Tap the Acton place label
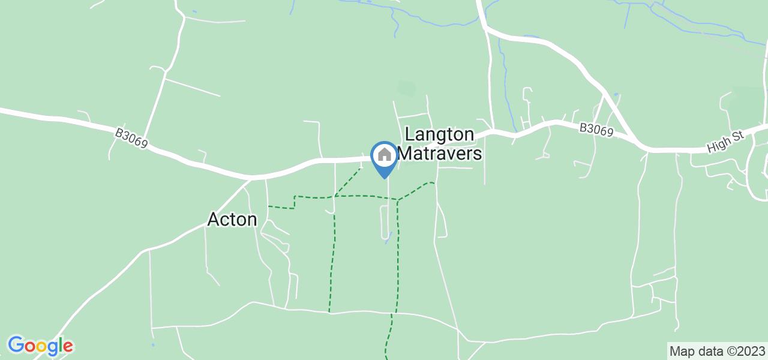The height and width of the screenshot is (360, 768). pyautogui.click(x=232, y=220)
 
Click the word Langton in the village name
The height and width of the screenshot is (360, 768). pyautogui.click(x=440, y=134)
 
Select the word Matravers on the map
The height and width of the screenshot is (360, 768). pyautogui.click(x=440, y=154)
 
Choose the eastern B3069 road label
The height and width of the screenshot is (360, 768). pyautogui.click(x=596, y=130)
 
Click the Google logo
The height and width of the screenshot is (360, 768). pyautogui.click(x=40, y=346)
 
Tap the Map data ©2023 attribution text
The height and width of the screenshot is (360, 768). pyautogui.click(x=717, y=351)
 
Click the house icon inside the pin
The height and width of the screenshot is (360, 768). pyautogui.click(x=384, y=155)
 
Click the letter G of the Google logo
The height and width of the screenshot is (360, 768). pyautogui.click(x=16, y=346)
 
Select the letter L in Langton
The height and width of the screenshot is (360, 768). pyautogui.click(x=410, y=134)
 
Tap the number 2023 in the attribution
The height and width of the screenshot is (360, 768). pyautogui.click(x=752, y=351)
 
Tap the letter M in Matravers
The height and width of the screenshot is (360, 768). pyautogui.click(x=405, y=154)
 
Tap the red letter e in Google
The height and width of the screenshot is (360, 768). pyautogui.click(x=67, y=347)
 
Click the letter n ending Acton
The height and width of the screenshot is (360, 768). pyautogui.click(x=252, y=220)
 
